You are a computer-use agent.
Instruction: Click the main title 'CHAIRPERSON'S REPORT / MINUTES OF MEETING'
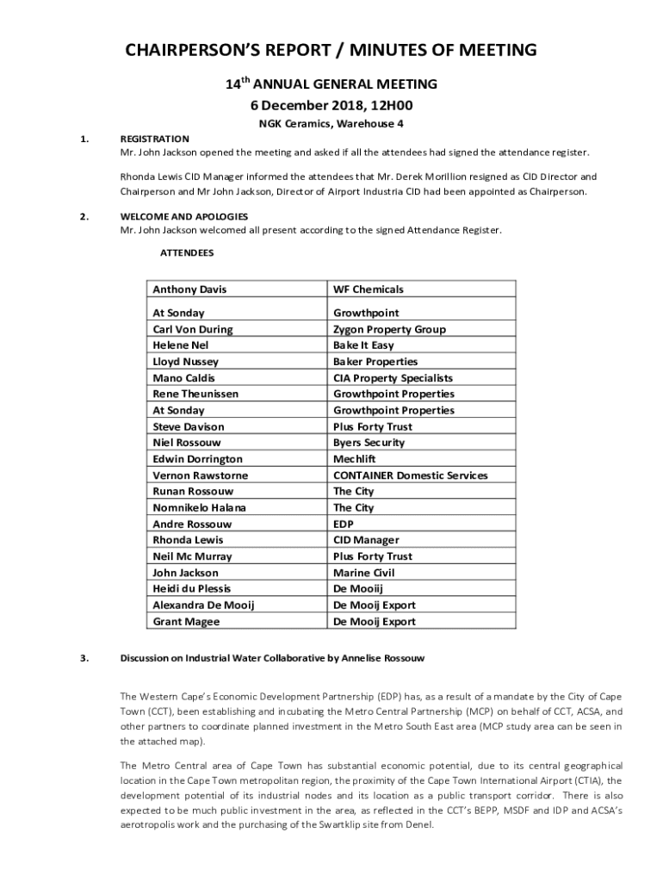click(331, 50)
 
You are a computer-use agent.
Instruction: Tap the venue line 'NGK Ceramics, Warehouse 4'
click(331, 124)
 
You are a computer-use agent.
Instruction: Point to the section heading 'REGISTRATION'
click(154, 139)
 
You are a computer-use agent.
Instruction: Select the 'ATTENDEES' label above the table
click(187, 253)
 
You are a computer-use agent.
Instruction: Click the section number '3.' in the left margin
click(84, 659)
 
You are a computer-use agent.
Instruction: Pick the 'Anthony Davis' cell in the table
click(189, 289)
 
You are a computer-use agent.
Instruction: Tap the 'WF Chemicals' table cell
click(368, 289)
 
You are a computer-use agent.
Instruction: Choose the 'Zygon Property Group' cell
click(389, 329)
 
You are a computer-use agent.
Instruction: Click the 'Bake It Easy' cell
click(363, 345)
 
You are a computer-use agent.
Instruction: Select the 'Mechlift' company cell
click(354, 459)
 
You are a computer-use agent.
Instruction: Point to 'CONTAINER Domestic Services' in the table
click(410, 475)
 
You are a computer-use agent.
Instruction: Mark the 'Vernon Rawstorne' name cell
click(200, 475)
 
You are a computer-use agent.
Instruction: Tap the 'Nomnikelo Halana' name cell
click(199, 508)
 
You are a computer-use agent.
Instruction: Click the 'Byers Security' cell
click(369, 443)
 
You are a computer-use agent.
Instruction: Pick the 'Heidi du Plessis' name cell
click(191, 589)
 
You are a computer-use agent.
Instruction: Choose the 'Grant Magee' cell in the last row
click(186, 622)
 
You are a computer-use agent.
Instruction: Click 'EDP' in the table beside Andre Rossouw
click(343, 525)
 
